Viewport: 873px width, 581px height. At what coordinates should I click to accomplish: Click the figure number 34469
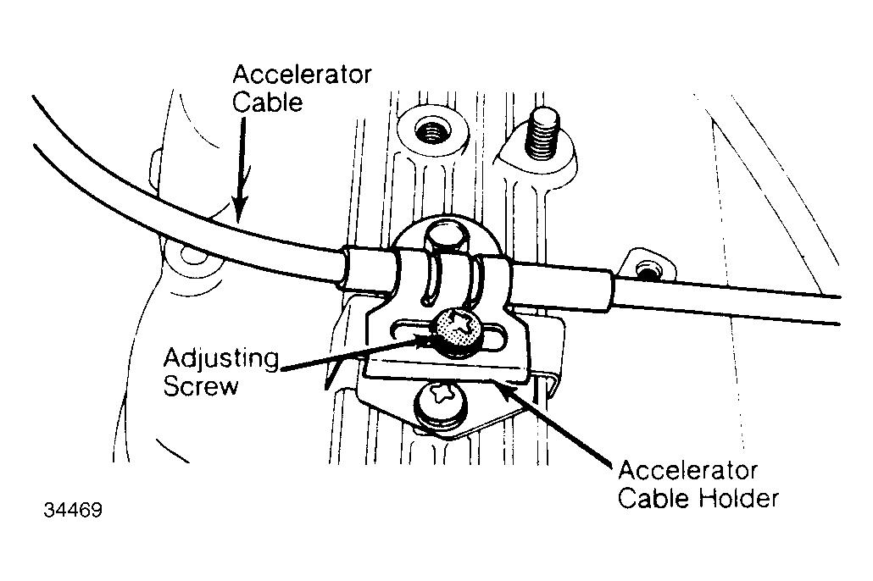click(x=73, y=511)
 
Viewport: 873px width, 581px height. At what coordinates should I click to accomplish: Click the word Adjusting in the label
click(x=221, y=360)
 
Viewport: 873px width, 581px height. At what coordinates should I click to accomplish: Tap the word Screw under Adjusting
click(x=200, y=385)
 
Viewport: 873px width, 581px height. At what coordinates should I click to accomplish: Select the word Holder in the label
click(x=738, y=498)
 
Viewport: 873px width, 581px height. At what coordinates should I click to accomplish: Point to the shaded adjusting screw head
click(x=458, y=334)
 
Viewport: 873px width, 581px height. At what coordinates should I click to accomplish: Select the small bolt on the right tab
click(x=646, y=273)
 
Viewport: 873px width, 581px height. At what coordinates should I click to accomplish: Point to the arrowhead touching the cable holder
click(x=502, y=390)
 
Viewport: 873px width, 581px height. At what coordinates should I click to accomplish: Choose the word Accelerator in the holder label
click(x=687, y=471)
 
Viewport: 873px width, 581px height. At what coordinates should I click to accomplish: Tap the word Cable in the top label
click(x=267, y=102)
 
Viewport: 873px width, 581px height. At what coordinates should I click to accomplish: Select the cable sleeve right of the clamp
click(x=559, y=285)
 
